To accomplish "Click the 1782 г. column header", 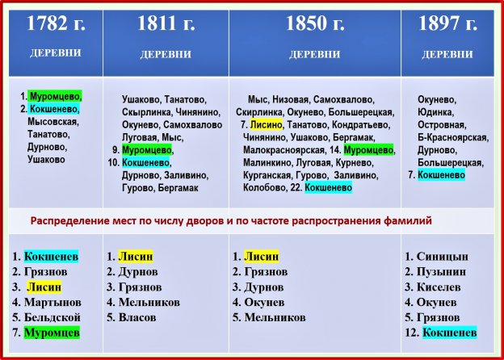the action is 56,23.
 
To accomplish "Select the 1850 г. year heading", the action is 315,23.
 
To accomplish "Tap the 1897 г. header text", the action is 447,23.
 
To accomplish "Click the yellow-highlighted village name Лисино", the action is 267,124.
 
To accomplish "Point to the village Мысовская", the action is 53,122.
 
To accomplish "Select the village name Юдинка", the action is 435,112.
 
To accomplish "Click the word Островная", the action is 442,124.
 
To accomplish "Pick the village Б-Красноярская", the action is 453,137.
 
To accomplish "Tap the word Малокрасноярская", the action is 283,150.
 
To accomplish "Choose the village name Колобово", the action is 263,187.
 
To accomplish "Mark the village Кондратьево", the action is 361,124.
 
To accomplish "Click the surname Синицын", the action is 443,256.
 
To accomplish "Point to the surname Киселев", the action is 439,287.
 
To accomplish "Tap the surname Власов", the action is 137,317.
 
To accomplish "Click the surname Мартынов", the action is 52,302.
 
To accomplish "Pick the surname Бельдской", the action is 52,317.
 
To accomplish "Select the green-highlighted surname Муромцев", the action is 52,333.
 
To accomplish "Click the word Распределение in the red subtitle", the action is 70,221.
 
